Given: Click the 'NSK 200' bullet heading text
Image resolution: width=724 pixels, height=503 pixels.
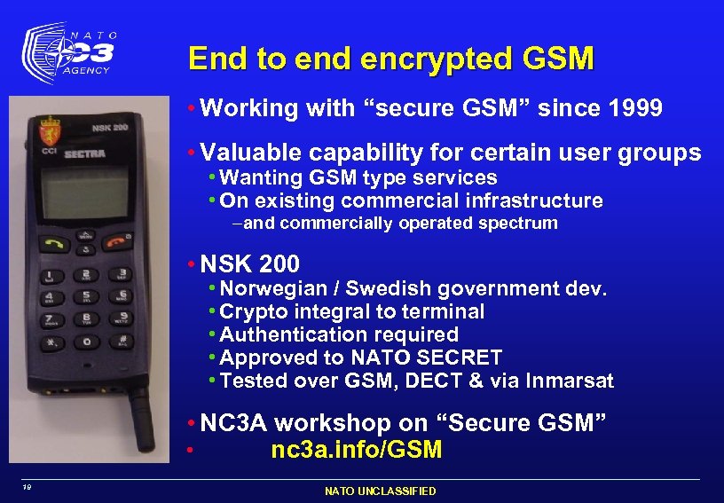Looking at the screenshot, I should click(250, 264).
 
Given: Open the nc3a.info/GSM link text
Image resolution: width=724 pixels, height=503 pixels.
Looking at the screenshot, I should click(356, 450).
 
